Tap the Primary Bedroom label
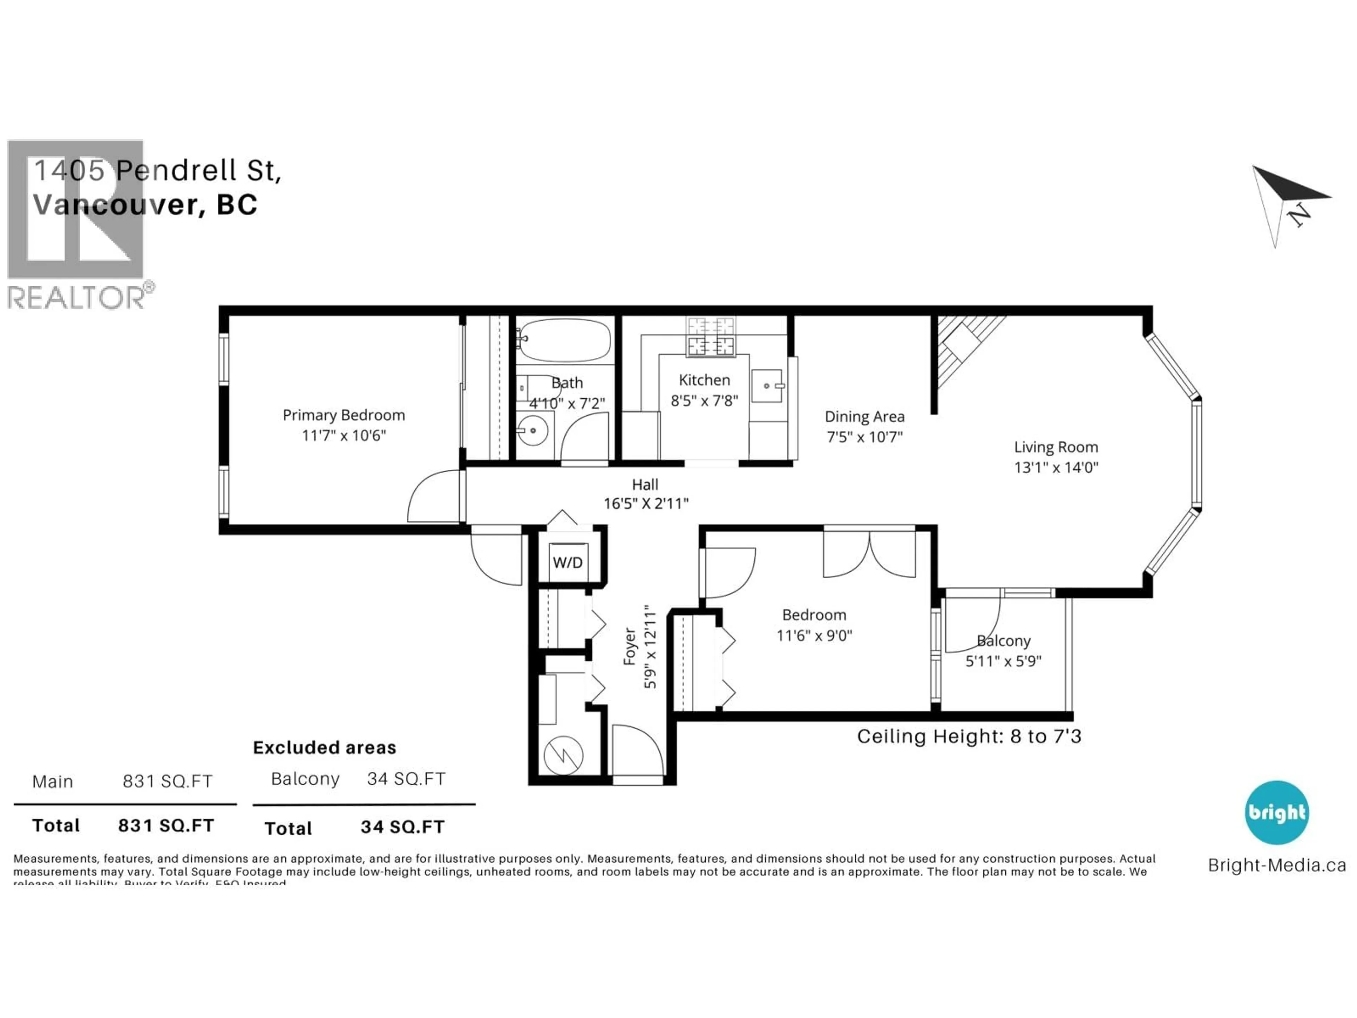click(343, 415)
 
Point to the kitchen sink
click(767, 385)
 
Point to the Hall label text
click(645, 484)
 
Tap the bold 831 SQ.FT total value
click(166, 825)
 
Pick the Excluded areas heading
click(324, 747)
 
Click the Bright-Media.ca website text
click(1277, 865)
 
